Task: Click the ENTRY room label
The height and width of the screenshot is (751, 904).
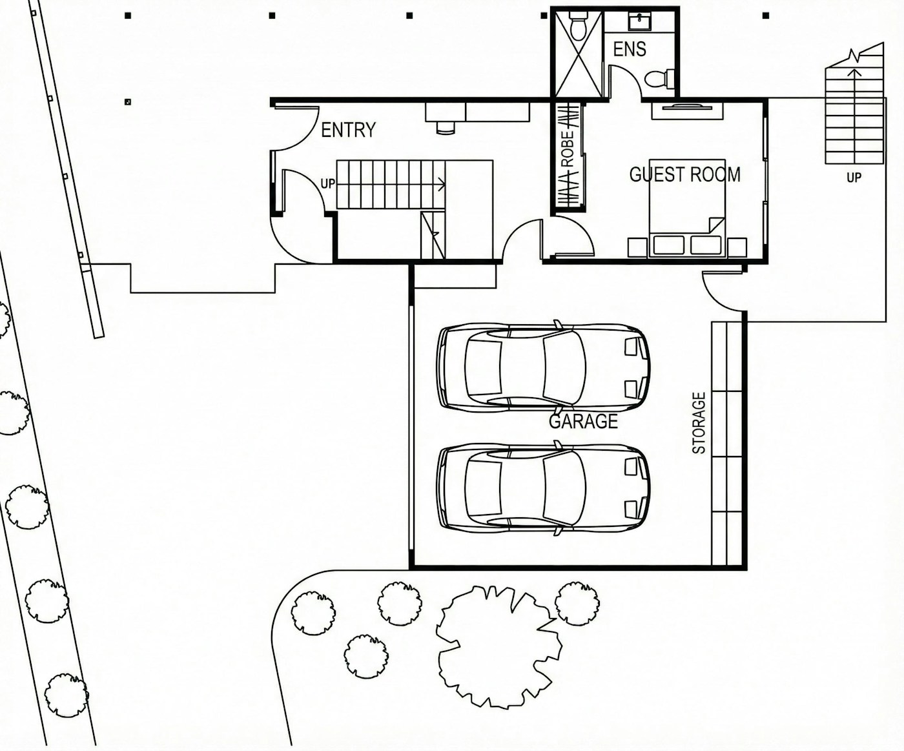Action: [x=349, y=130]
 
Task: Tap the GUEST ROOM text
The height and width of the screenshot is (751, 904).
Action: [x=685, y=174]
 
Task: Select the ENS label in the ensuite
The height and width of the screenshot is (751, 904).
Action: [x=630, y=49]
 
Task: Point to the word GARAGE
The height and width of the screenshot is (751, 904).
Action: [x=583, y=421]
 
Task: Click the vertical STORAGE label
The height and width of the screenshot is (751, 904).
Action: [x=699, y=423]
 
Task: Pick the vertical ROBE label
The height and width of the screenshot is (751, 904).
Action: [x=567, y=149]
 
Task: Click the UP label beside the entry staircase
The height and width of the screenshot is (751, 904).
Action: [x=328, y=183]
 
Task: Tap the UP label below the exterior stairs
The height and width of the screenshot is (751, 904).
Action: [x=854, y=177]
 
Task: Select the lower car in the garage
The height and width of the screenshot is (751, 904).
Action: [x=543, y=489]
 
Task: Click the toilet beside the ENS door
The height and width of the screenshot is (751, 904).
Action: [x=659, y=78]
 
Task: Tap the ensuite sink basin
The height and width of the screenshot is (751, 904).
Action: [x=639, y=21]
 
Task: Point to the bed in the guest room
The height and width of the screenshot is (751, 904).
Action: [x=687, y=208]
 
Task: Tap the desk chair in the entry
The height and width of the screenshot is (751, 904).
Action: [x=446, y=127]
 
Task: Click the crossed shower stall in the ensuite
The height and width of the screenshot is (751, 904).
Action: [x=579, y=55]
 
